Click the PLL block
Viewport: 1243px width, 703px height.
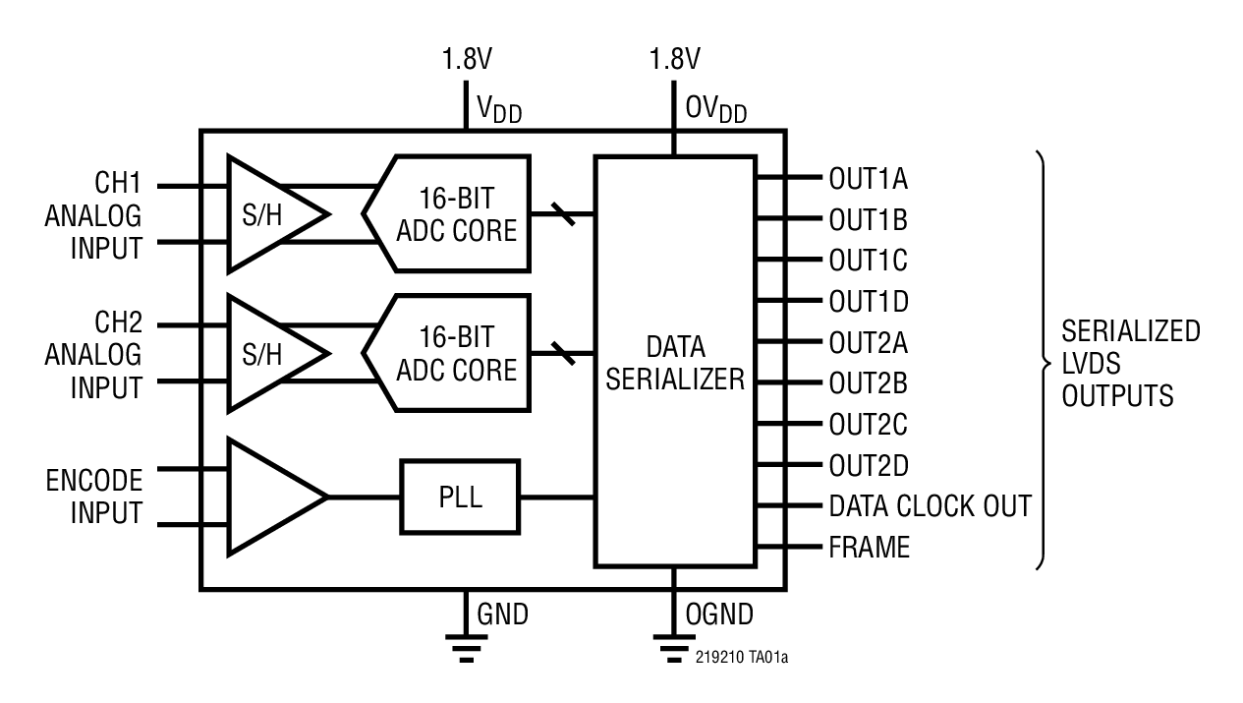(x=460, y=497)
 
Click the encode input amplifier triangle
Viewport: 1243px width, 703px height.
(x=270, y=497)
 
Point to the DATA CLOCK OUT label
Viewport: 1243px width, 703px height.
(x=930, y=506)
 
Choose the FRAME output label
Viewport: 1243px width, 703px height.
(x=870, y=548)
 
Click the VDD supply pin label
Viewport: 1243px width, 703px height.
(x=499, y=111)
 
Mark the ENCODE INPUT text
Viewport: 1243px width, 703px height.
(x=93, y=497)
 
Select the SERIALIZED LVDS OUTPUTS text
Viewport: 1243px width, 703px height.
(x=1130, y=363)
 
